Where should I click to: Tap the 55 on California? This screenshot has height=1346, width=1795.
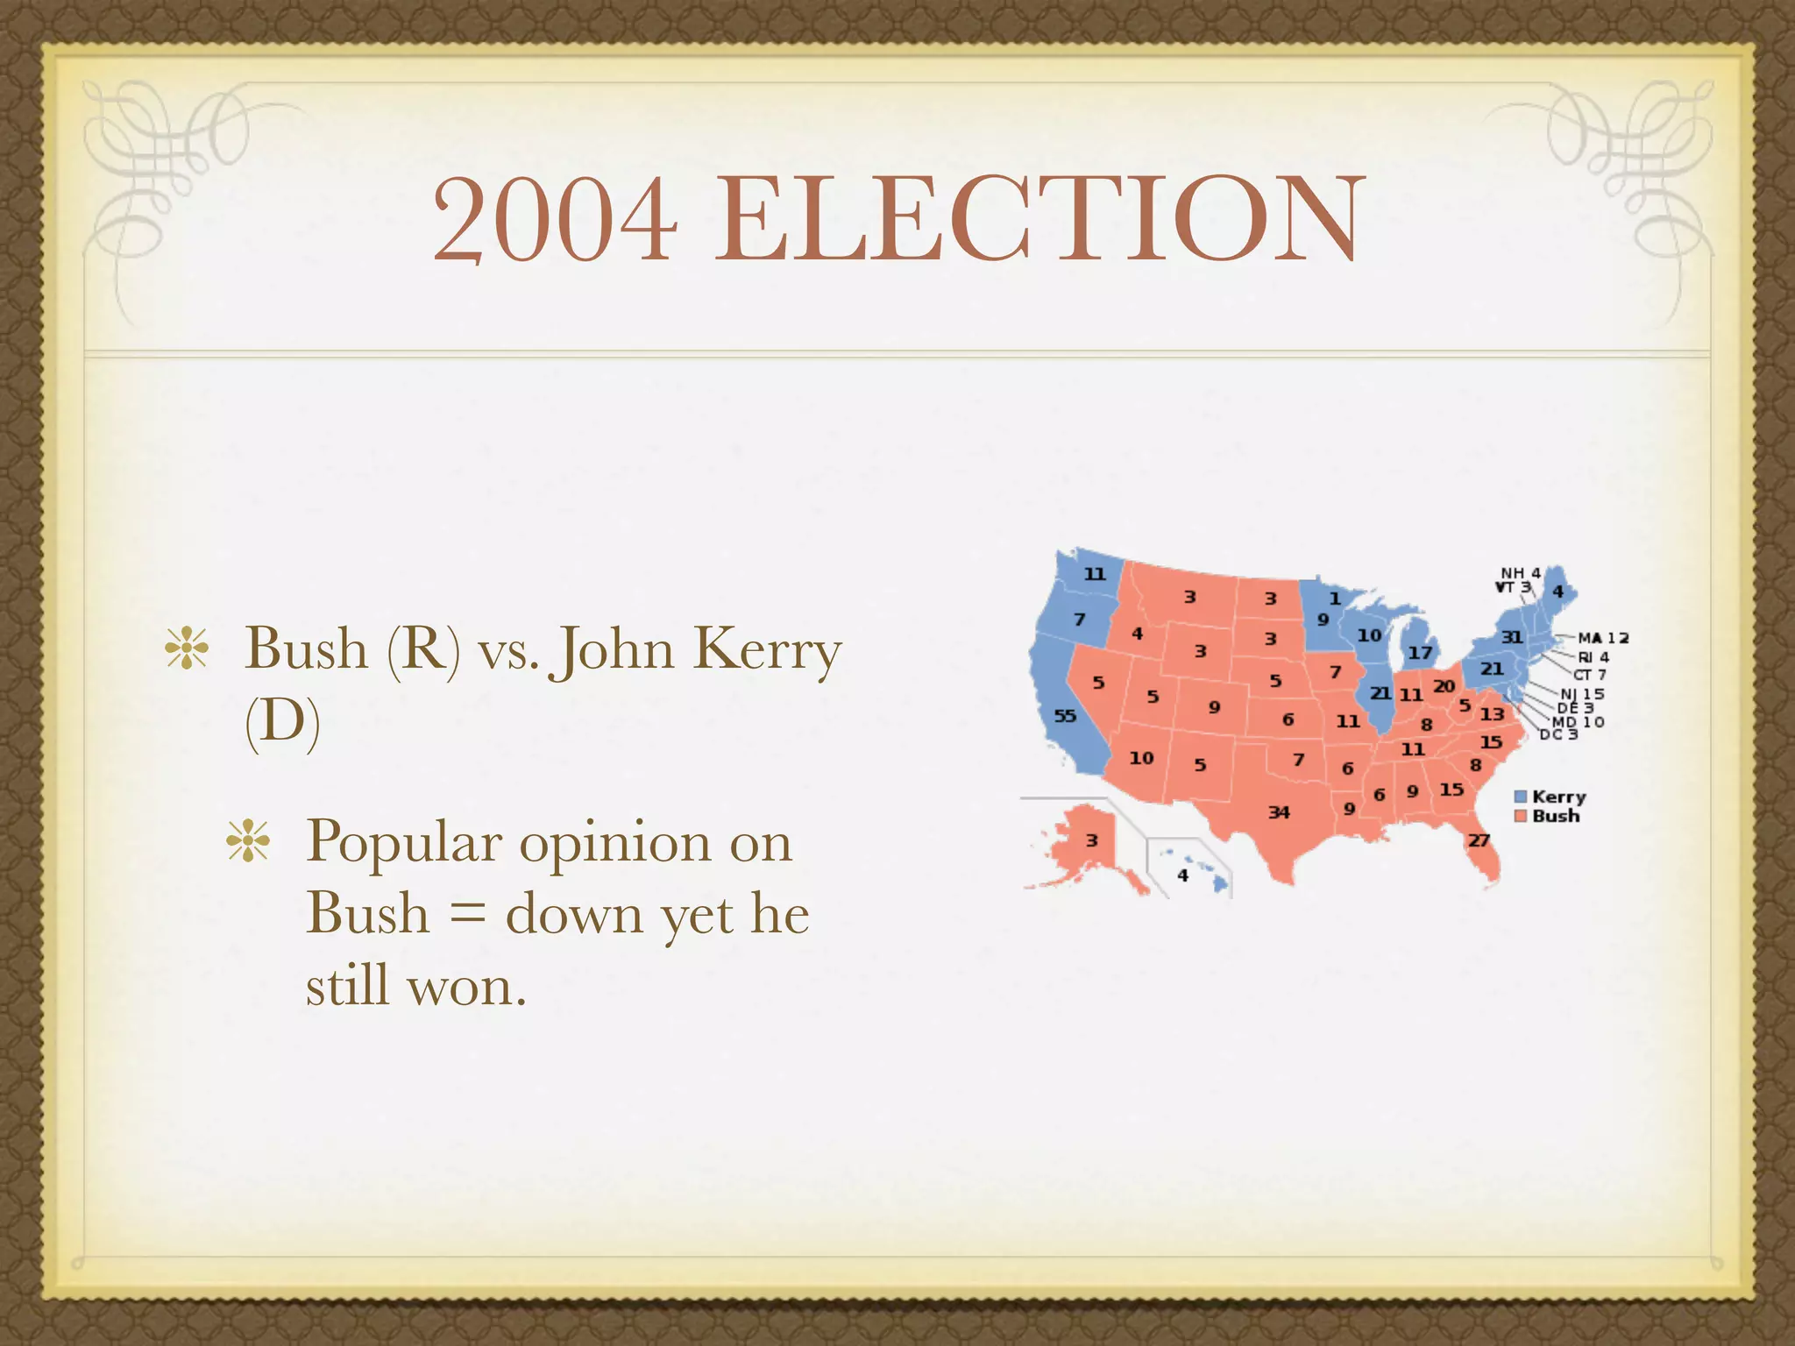pos(1065,716)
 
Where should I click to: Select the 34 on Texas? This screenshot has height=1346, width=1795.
pos(1279,812)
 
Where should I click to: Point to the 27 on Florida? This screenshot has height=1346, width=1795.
pos(1479,840)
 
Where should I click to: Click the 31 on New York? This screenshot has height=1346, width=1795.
pos(1512,637)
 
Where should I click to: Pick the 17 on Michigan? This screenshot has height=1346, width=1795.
pos(1420,653)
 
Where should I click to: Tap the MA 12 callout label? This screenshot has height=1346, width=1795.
pos(1603,638)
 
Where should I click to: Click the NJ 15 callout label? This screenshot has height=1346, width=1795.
pos(1582,694)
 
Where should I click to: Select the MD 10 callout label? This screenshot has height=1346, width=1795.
pos(1578,722)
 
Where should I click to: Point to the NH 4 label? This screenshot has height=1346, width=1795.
pos(1521,573)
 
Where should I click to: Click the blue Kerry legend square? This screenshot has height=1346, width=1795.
pos(1521,797)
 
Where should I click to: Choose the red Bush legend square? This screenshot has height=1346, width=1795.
pos(1521,816)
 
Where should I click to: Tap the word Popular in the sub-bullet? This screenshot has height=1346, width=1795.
pos(404,842)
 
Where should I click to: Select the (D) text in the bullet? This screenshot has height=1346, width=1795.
pos(282,722)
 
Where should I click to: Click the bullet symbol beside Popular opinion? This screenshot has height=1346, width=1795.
pos(248,842)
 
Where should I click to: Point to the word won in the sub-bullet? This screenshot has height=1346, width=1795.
pos(467,987)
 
